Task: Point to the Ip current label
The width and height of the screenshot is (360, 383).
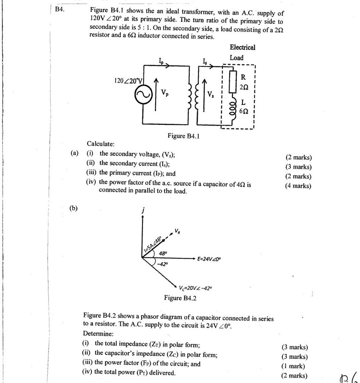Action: point(161,61)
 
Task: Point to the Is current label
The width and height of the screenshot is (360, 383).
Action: point(205,61)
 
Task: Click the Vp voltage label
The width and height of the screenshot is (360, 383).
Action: point(164,92)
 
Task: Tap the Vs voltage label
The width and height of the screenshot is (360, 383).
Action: point(211,94)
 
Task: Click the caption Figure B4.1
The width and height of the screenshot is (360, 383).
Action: point(184,136)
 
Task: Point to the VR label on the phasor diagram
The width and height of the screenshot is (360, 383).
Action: point(178,231)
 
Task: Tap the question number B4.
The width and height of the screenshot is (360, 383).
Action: point(59,9)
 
